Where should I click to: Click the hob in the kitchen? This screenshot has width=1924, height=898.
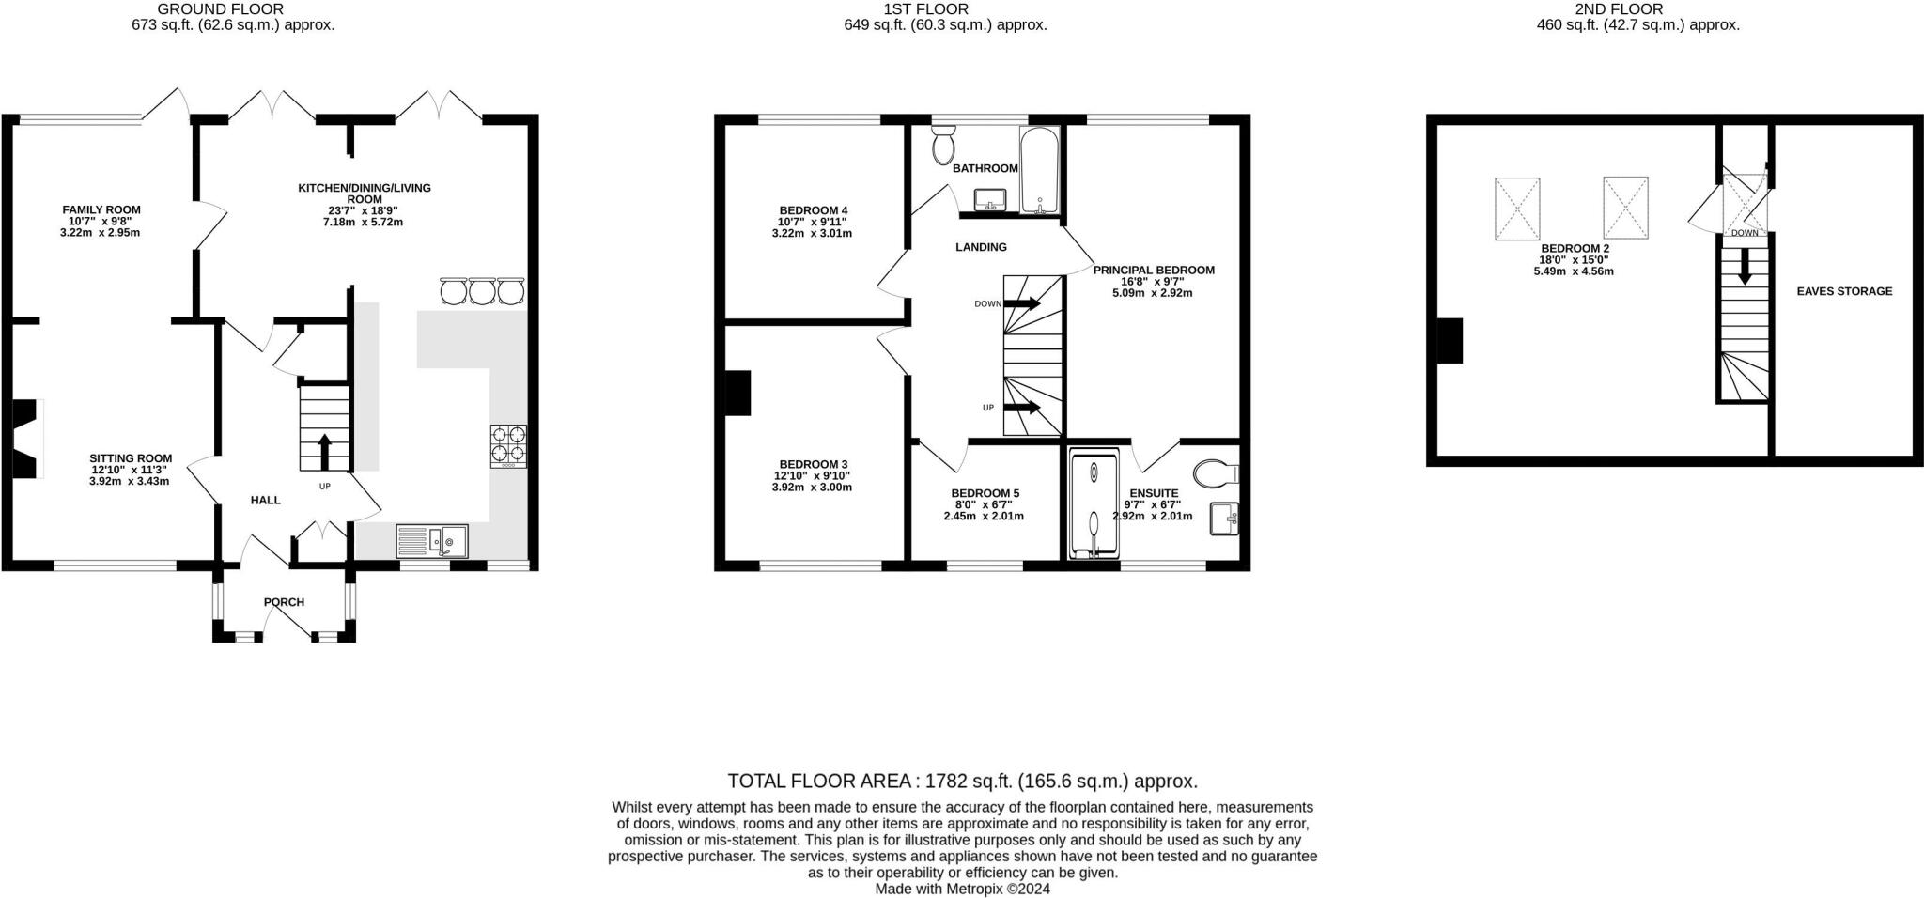tap(508, 446)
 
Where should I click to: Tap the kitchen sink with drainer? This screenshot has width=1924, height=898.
tap(432, 541)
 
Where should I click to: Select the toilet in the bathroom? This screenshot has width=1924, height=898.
tap(944, 145)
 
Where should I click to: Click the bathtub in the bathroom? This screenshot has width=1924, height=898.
tap(1040, 170)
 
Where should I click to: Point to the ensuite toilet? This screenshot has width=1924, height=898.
tap(1217, 472)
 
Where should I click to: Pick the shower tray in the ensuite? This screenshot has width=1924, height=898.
tap(1094, 505)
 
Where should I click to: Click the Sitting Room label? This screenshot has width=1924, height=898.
tap(131, 458)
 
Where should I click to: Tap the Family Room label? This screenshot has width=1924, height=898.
tap(101, 209)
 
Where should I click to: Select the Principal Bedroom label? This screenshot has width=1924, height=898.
tap(1154, 270)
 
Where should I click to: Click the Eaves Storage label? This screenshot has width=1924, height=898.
tap(1844, 291)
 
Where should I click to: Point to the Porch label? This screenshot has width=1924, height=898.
tap(284, 602)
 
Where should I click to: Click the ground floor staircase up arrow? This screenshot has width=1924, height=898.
tap(325, 451)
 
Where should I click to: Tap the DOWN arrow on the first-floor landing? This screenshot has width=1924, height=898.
tap(1022, 303)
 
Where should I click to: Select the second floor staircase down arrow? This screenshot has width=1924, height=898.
tap(1745, 266)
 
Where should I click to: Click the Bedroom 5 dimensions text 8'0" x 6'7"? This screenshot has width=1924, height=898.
tap(985, 504)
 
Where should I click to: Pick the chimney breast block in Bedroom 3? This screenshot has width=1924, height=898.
tap(737, 394)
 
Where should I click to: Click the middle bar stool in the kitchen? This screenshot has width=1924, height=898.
tap(482, 291)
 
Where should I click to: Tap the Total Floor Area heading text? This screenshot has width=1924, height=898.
tap(962, 781)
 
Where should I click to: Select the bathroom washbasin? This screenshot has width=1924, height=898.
tap(989, 200)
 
